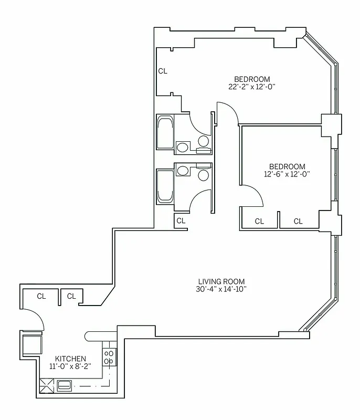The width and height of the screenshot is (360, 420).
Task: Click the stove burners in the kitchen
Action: click(109, 357)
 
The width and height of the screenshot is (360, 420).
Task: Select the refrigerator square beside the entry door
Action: click(31, 344)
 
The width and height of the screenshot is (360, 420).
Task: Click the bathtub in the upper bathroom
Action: click(166, 134)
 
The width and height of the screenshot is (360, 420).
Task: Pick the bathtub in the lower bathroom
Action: click(166, 186)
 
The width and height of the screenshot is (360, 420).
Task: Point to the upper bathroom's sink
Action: click(183, 146)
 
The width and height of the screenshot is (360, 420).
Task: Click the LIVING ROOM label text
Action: click(221, 281)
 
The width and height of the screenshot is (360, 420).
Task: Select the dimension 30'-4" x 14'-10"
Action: click(221, 289)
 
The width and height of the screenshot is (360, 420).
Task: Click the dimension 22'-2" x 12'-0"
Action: click(252, 87)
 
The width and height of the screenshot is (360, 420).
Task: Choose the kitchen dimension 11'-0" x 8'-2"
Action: click(70, 366)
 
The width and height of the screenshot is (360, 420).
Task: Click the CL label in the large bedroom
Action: click(163, 71)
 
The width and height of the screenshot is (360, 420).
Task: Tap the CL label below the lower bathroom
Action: click(181, 221)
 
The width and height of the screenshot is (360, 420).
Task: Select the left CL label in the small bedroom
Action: click(259, 222)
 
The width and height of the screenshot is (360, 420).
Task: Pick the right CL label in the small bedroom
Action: click(298, 222)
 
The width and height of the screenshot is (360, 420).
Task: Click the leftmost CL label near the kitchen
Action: click(41, 296)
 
